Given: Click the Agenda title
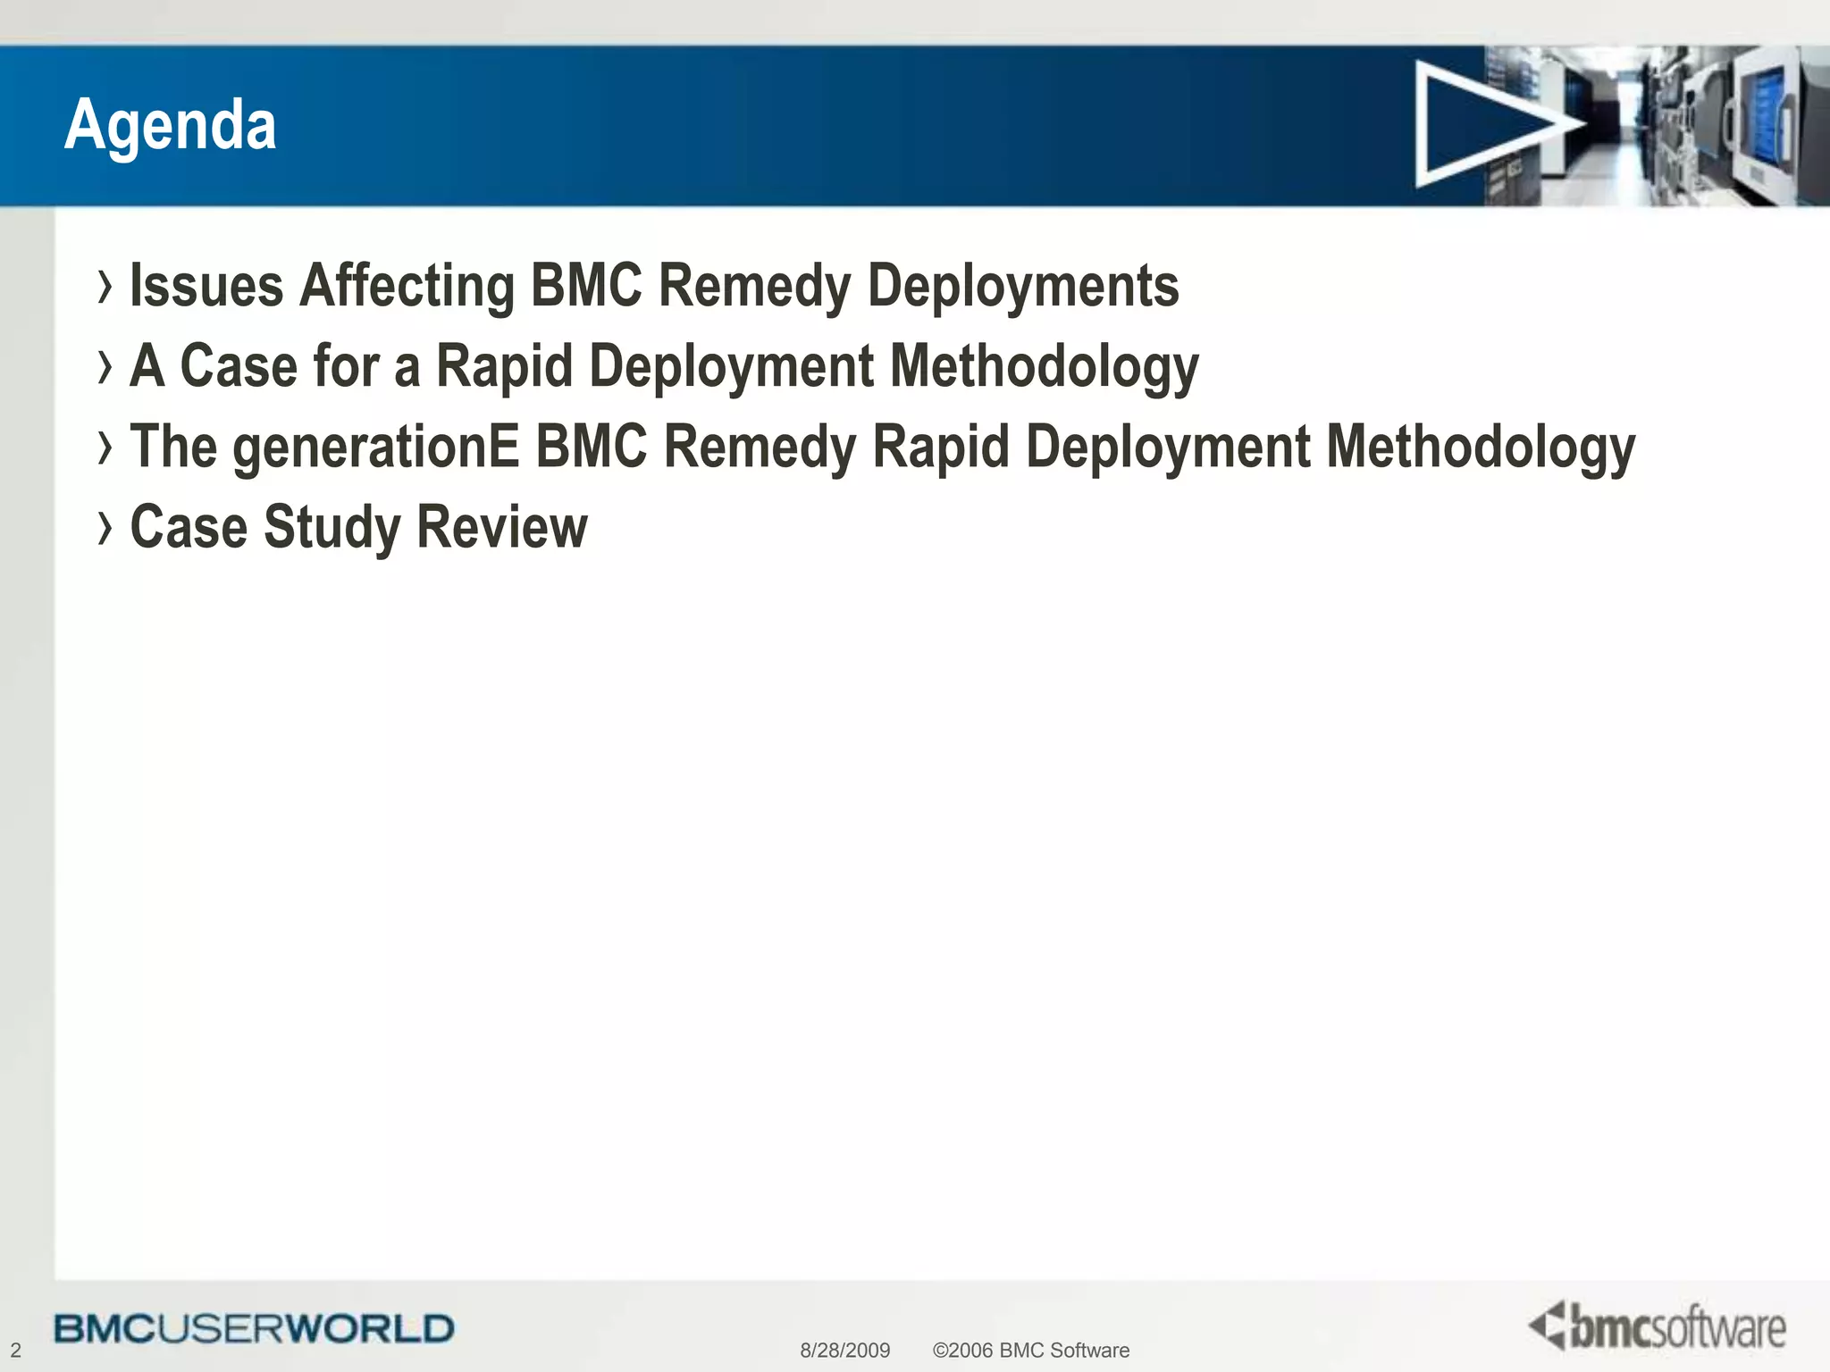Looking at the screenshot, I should click(170, 125).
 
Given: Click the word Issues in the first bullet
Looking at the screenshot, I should click(206, 287).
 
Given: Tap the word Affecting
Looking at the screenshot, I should click(407, 287).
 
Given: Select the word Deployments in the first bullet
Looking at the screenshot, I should click(1023, 287).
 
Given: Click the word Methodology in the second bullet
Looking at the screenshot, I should click(1045, 366).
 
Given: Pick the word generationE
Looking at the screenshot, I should click(376, 447).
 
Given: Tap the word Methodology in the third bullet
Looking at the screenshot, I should click(1481, 447).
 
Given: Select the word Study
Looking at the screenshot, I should click(332, 527).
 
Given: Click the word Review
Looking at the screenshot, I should click(502, 527).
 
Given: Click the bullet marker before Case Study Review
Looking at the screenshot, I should click(105, 527).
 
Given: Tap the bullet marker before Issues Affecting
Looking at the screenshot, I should click(105, 287).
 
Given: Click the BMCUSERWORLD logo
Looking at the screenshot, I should click(254, 1328).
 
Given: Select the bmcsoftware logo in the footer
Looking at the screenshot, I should click(1658, 1326).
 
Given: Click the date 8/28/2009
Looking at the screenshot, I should click(844, 1351).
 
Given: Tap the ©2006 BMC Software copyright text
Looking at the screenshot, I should click(1030, 1351).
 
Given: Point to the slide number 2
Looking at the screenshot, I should click(15, 1351).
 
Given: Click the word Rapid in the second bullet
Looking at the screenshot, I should click(504, 366).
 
